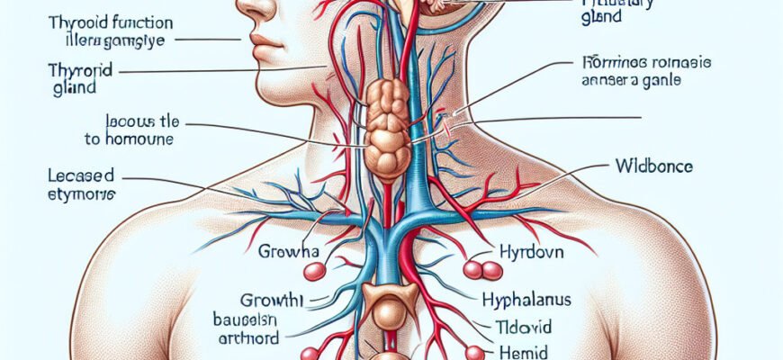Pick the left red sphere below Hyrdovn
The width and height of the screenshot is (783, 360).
click(x=472, y=269)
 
